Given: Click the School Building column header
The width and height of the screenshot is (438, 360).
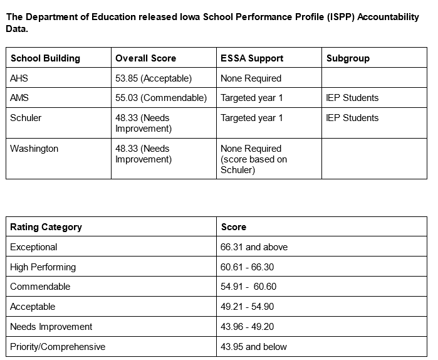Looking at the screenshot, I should pyautogui.click(x=45, y=58).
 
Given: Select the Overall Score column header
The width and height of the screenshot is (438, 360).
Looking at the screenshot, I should pyautogui.click(x=145, y=58).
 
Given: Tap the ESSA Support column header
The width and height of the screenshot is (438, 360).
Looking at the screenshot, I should pyautogui.click(x=252, y=58).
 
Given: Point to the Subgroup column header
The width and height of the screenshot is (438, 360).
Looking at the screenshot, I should pyautogui.click(x=348, y=58).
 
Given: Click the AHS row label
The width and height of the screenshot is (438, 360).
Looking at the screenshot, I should pyautogui.click(x=19, y=78).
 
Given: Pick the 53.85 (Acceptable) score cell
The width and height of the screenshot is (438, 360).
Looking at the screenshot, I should pyautogui.click(x=154, y=78).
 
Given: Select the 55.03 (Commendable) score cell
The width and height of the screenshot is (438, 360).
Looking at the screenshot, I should pyautogui.click(x=161, y=98).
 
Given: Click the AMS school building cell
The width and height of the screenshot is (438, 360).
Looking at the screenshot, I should pyautogui.click(x=19, y=98).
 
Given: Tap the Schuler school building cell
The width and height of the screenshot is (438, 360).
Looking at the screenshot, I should pyautogui.click(x=26, y=118).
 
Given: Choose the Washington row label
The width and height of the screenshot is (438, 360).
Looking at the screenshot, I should pyautogui.click(x=34, y=149).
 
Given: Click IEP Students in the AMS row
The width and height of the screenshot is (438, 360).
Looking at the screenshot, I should pyautogui.click(x=352, y=98).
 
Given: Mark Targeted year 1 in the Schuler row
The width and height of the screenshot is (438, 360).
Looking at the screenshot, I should pyautogui.click(x=252, y=118).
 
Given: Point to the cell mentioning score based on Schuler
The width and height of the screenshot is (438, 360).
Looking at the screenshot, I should pyautogui.click(x=254, y=159).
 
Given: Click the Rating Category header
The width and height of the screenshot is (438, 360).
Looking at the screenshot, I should pyautogui.click(x=46, y=227).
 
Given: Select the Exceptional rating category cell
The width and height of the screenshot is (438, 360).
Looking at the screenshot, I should pyautogui.click(x=34, y=247).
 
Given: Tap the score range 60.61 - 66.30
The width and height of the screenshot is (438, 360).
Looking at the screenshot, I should pyautogui.click(x=248, y=267).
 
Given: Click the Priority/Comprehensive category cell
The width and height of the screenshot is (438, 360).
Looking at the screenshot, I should pyautogui.click(x=58, y=347).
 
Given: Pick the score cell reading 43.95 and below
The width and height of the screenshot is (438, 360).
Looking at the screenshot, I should pyautogui.click(x=254, y=347).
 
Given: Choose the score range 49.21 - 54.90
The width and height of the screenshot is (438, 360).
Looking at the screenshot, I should pyautogui.click(x=248, y=307).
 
